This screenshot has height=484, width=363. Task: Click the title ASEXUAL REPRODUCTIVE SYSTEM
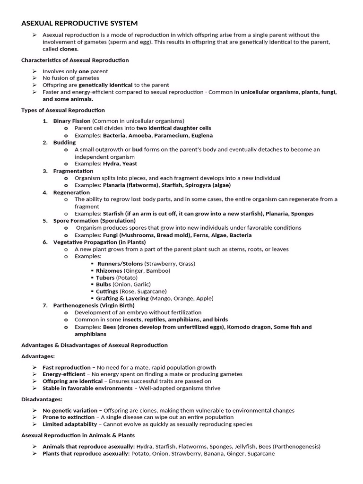[80, 23]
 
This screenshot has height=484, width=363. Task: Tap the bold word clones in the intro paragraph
[69, 49]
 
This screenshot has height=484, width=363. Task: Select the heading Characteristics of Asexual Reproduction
[75, 60]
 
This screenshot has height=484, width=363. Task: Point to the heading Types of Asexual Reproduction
[63, 110]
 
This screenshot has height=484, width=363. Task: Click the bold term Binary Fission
[72, 121]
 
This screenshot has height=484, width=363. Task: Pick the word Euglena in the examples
[202, 135]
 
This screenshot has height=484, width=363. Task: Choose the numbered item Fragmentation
[73, 171]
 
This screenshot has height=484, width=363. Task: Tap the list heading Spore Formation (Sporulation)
[95, 220]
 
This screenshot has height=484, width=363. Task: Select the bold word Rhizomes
[109, 270]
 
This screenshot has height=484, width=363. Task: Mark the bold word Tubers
[105, 277]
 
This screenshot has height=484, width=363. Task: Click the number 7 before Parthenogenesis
[45, 305]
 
